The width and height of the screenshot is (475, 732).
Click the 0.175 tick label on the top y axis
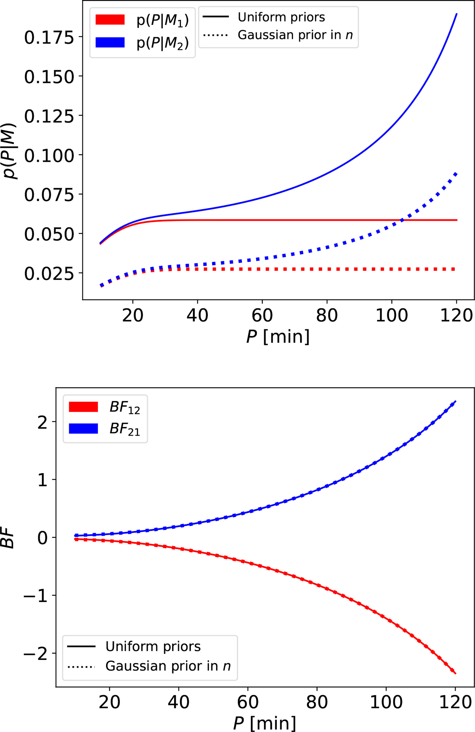click(x=49, y=38)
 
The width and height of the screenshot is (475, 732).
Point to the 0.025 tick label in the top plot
click(x=49, y=273)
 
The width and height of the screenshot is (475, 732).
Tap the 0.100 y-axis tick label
click(x=49, y=156)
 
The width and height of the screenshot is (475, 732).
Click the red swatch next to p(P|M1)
click(x=110, y=19)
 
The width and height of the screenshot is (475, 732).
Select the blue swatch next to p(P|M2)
click(x=110, y=42)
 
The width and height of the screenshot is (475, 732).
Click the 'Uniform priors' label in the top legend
click(x=281, y=17)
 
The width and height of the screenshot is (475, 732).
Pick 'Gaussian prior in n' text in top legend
click(x=295, y=35)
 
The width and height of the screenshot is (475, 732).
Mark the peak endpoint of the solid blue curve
click(x=457, y=14)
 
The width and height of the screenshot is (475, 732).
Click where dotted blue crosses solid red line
click(x=403, y=220)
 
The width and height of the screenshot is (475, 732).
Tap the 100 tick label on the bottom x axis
click(x=386, y=702)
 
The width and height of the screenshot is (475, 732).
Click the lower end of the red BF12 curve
click(x=456, y=673)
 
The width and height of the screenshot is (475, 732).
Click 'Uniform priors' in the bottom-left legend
click(x=153, y=646)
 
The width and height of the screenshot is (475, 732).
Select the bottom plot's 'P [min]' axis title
click(x=264, y=723)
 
